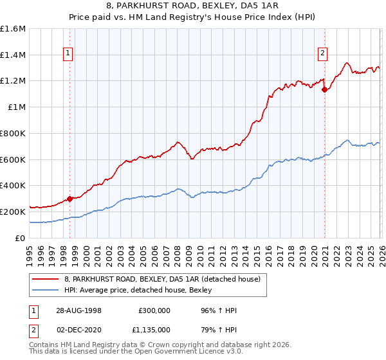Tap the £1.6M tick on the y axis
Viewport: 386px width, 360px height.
pyautogui.click(x=13, y=29)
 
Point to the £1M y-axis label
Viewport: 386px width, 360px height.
pyautogui.click(x=16, y=107)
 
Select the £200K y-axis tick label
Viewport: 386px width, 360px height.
pyautogui.click(x=13, y=212)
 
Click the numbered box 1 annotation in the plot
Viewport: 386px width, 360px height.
pyautogui.click(x=69, y=54)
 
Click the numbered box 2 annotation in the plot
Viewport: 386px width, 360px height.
pyautogui.click(x=322, y=54)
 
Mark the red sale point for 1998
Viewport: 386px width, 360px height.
pyautogui.click(x=69, y=199)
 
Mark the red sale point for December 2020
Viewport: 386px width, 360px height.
pyautogui.click(x=325, y=90)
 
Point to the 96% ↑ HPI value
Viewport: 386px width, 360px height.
pyautogui.click(x=219, y=310)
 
